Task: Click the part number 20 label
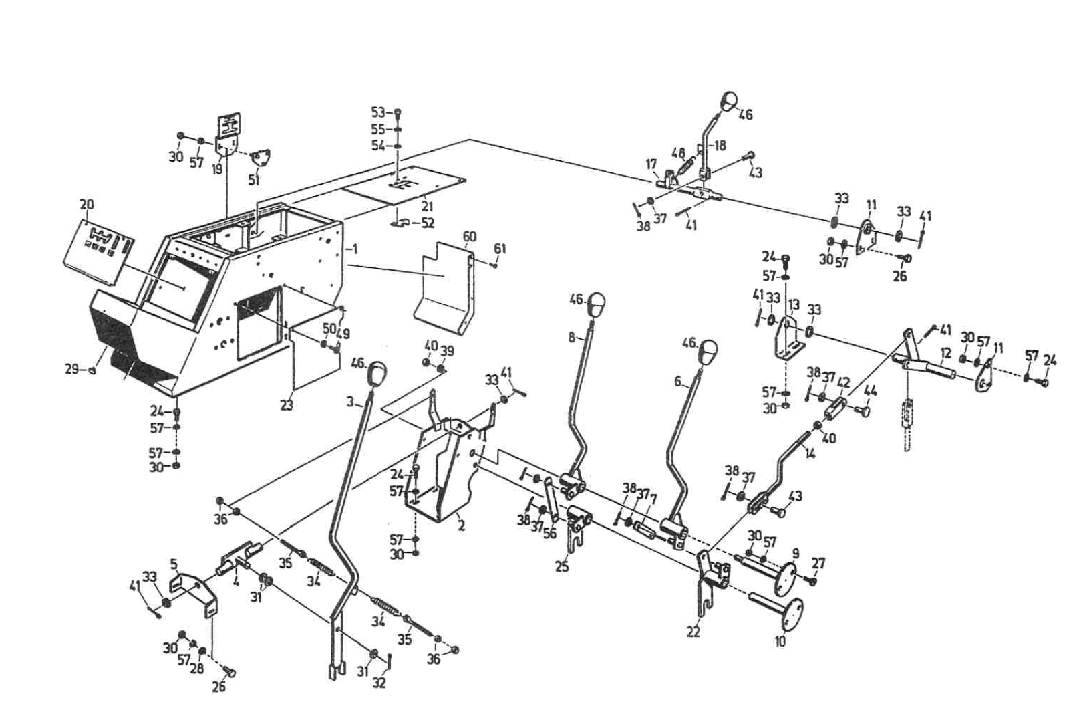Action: coord(87,205)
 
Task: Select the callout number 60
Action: coord(470,236)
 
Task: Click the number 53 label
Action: coord(378,112)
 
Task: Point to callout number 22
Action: coord(693,631)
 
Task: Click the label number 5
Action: coord(174,564)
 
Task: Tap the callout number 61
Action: coord(500,249)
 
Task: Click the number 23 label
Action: coord(287,405)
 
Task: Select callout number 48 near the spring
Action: coord(678,152)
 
